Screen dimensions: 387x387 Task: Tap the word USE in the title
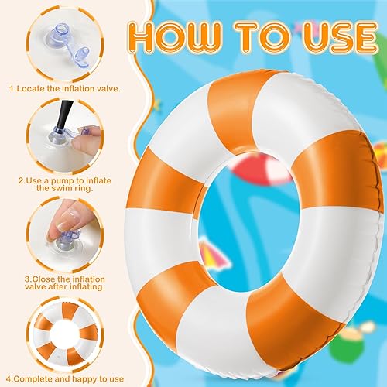point(324,37)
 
